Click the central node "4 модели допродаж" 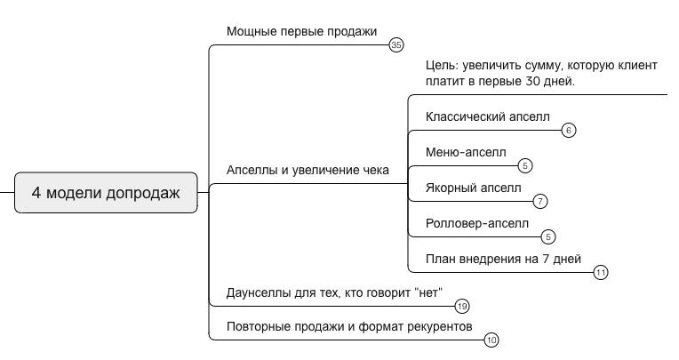(106, 193)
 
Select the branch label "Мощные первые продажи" (301, 31)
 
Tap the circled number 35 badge (396, 44)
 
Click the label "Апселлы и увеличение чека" (308, 170)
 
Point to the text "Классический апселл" (487, 116)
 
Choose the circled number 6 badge (569, 130)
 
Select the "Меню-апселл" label (466, 152)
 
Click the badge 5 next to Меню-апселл (525, 165)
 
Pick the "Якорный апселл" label (474, 188)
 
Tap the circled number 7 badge (540, 201)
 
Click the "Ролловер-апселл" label (477, 223)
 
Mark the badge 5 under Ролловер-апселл (548, 236)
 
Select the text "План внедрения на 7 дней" (503, 259)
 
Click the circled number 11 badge (600, 272)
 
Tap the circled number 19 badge (461, 307)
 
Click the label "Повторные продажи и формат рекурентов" (349, 326)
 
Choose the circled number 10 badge (491, 340)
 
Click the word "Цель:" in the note (443, 66)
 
